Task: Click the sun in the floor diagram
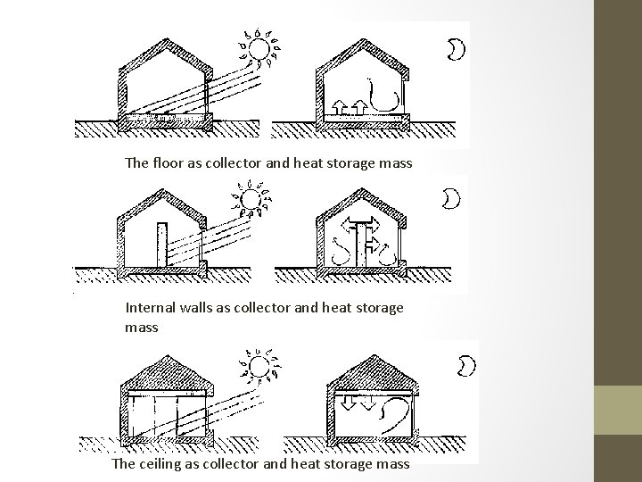[x=259, y=48]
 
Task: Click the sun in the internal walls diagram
[x=250, y=200]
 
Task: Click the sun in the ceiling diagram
[x=259, y=368]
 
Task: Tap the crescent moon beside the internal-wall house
[x=453, y=198]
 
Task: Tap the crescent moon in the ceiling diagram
[x=465, y=365]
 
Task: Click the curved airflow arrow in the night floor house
[x=389, y=94]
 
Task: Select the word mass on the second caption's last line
[x=142, y=328]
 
